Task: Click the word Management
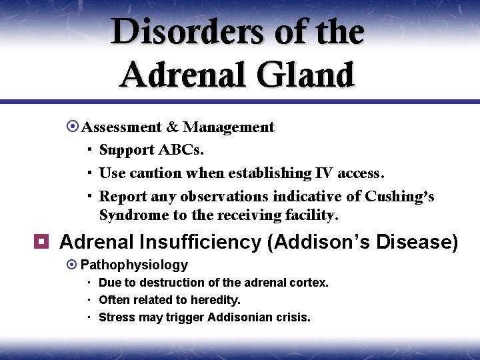tap(229, 127)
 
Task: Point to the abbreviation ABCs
tap(188, 150)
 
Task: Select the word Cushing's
tap(399, 197)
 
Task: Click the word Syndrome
tap(133, 215)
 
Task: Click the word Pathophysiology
tap(134, 265)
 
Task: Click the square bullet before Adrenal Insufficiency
tap(44, 242)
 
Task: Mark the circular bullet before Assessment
tap(74, 127)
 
